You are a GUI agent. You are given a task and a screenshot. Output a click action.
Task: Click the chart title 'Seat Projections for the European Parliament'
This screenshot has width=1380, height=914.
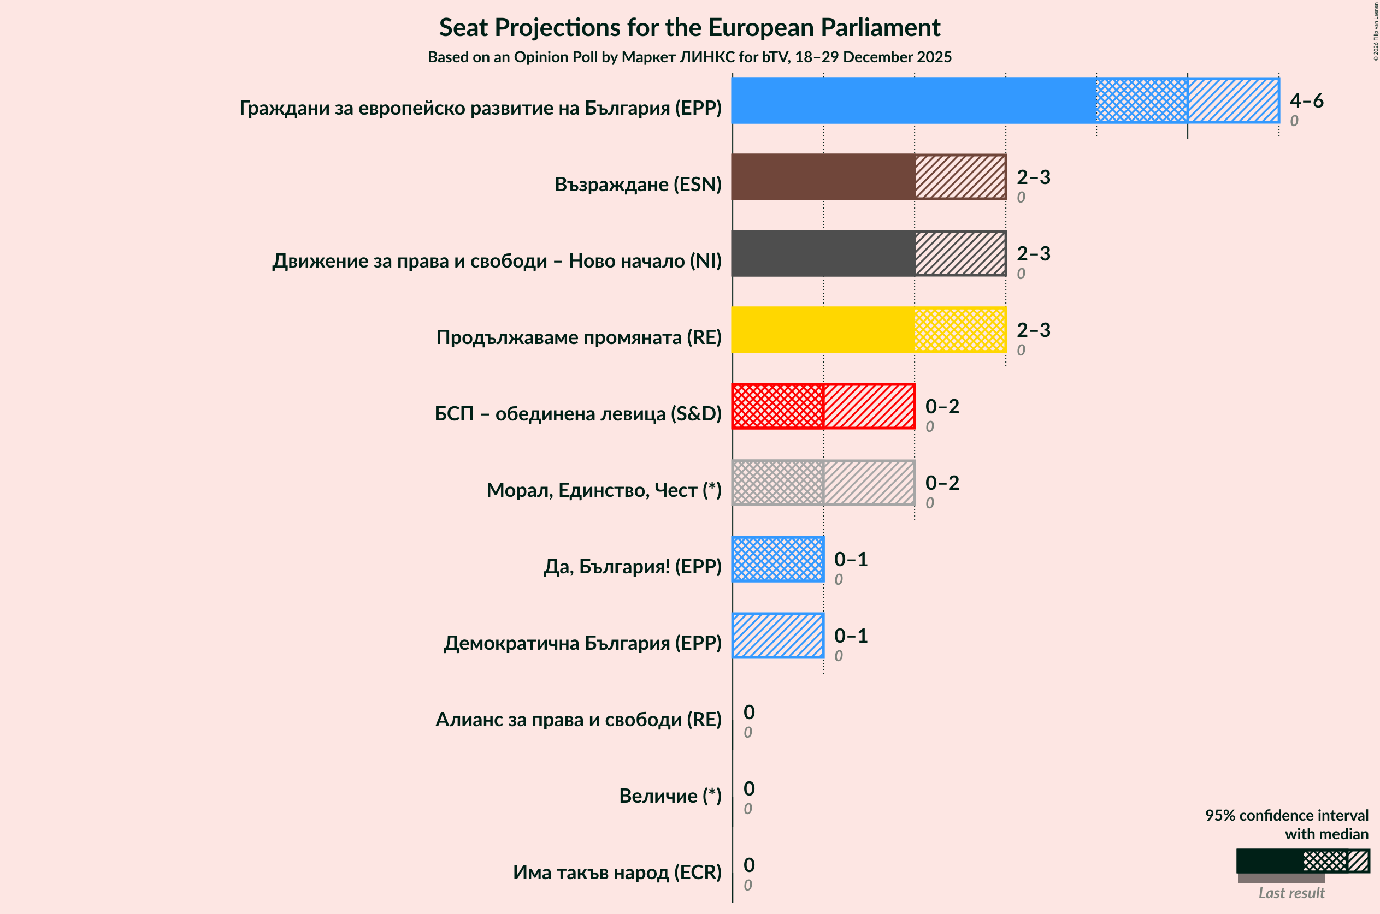pyautogui.click(x=689, y=27)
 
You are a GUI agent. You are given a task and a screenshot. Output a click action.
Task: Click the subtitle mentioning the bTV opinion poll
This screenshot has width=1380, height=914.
pyautogui.click(x=689, y=57)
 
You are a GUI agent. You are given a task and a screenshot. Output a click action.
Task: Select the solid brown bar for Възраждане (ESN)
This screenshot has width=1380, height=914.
pyautogui.click(x=823, y=177)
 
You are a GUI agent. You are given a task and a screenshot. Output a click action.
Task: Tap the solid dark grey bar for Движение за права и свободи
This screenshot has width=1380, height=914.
pyautogui.click(x=823, y=253)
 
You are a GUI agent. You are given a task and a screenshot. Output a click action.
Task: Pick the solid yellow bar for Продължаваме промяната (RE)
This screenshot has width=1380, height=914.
pyautogui.click(x=823, y=330)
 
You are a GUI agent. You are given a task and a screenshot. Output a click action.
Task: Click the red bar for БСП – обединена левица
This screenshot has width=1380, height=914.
pyautogui.click(x=823, y=406)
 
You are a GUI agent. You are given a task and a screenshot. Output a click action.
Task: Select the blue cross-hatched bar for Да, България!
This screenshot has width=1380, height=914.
pyautogui.click(x=777, y=560)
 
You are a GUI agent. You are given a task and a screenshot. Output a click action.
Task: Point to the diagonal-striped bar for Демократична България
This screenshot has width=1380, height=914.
pyautogui.click(x=777, y=636)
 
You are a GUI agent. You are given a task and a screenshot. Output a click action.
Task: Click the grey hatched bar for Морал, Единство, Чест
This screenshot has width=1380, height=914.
pyautogui.click(x=823, y=483)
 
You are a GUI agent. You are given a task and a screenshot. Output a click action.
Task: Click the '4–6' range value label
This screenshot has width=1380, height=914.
pyautogui.click(x=1306, y=101)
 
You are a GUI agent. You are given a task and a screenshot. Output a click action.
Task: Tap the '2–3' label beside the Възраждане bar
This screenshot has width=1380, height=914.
pyautogui.click(x=1034, y=177)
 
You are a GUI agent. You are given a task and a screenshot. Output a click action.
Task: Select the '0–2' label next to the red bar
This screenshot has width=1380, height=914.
pyautogui.click(x=942, y=406)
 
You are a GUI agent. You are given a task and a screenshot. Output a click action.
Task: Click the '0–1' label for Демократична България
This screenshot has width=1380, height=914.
pyautogui.click(x=851, y=636)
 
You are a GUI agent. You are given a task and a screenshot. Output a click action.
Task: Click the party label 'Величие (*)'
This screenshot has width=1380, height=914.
pyautogui.click(x=670, y=796)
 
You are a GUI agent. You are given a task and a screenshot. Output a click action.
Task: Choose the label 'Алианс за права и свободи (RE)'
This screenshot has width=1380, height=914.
pyautogui.click(x=579, y=719)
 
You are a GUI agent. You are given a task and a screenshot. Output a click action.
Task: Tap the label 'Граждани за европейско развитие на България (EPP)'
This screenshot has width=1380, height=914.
pyautogui.click(x=481, y=108)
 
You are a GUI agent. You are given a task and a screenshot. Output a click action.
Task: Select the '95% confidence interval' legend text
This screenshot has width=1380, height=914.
pyautogui.click(x=1287, y=816)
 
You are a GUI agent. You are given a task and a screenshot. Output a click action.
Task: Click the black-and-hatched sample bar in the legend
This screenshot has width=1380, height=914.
pyautogui.click(x=1302, y=861)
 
